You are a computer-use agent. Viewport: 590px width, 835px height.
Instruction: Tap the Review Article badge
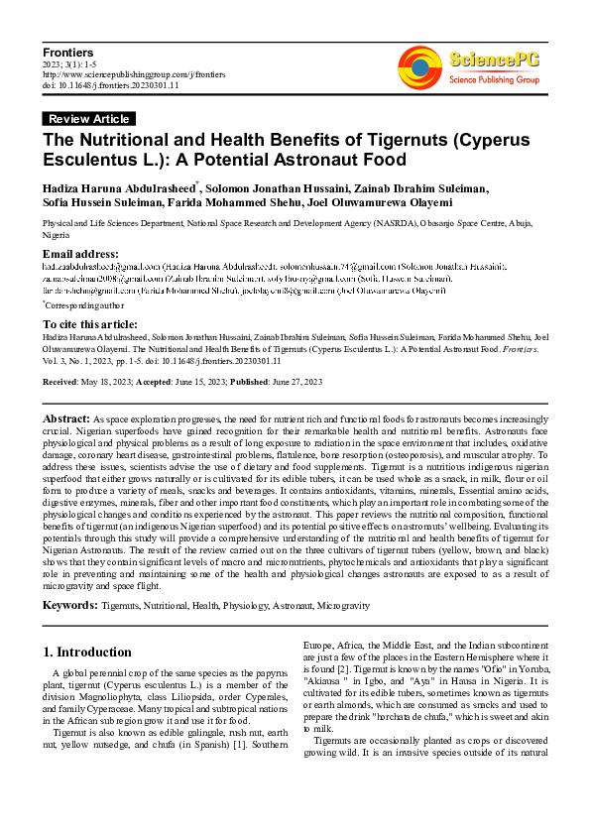(x=88, y=119)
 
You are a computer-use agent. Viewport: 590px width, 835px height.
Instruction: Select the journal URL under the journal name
(x=134, y=74)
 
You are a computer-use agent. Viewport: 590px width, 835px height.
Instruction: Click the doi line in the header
(x=112, y=86)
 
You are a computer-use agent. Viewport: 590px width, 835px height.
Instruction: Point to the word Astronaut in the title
(x=295, y=159)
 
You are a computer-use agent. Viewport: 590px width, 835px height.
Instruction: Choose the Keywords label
(x=70, y=604)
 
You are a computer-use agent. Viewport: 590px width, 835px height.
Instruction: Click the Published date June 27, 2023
(x=298, y=381)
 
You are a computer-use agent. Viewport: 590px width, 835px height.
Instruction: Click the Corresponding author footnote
(x=87, y=305)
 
